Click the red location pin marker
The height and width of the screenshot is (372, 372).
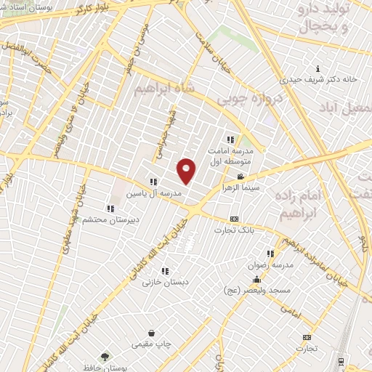coord(187,170)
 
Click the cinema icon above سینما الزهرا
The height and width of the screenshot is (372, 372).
coord(240,177)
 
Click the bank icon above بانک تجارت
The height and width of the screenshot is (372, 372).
coord(234,219)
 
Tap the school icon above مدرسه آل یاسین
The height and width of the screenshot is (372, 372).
coord(153,182)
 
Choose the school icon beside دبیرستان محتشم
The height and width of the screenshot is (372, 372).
coord(110,209)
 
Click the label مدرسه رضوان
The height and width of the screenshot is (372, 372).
coord(275,265)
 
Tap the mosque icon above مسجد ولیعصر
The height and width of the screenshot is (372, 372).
coord(256,279)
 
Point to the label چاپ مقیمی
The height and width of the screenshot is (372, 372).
coord(150,344)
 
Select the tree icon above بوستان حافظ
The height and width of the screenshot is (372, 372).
coord(105,357)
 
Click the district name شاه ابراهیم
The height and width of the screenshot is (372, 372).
coord(165,88)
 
